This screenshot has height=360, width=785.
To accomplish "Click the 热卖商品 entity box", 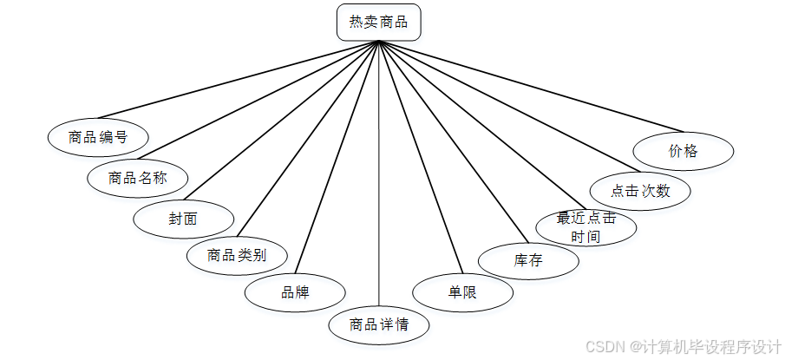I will (x=378, y=23).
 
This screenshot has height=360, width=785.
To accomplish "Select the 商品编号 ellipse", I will (x=98, y=137).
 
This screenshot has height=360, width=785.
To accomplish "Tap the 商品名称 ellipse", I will (x=137, y=178).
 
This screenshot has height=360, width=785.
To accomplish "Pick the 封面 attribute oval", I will (x=183, y=218).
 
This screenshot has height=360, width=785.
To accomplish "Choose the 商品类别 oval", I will (x=236, y=255).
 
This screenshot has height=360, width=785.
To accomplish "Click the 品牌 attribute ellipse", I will (x=295, y=292).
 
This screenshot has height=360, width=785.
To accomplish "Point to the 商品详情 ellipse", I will (x=378, y=325).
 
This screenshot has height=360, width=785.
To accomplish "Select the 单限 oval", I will (x=462, y=292).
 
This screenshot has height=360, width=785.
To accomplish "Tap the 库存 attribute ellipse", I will (x=528, y=259).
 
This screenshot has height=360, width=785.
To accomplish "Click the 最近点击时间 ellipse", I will (x=586, y=226).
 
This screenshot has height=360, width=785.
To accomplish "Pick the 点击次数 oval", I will (x=640, y=190).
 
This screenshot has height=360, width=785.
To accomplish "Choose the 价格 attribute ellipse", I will (x=684, y=151).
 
